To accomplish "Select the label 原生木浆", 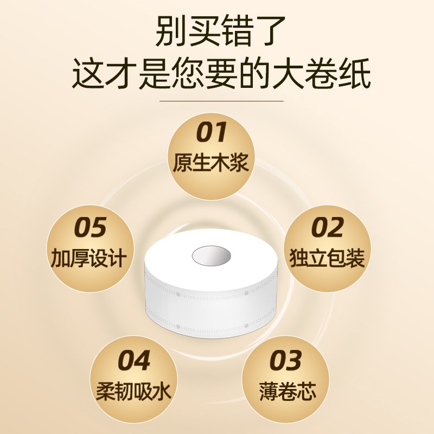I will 211,162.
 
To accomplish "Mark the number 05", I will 90,228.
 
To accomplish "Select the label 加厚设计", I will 90,258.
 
